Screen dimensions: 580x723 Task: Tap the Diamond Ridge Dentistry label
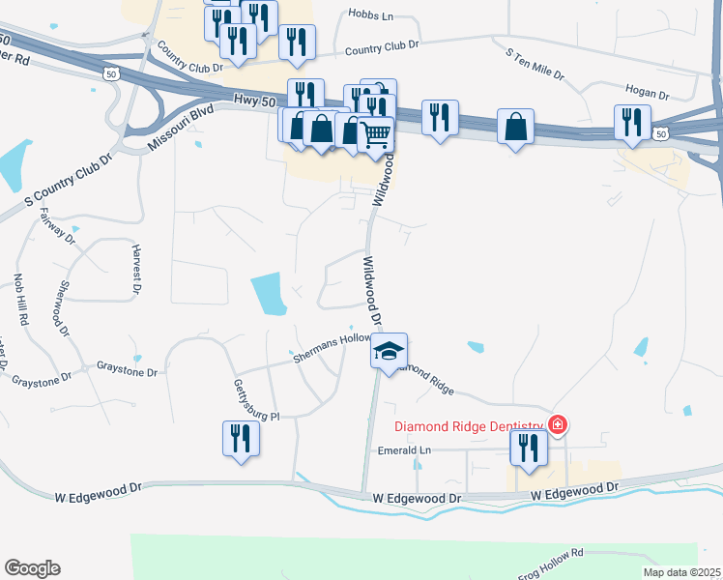[469, 426]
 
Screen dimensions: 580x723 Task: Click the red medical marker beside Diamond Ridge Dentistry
[557, 424]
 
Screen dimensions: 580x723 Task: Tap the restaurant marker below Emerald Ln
[529, 449]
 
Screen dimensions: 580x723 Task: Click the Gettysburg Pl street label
[255, 400]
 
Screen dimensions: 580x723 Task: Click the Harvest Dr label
[136, 270]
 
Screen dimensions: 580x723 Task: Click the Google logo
[32, 568]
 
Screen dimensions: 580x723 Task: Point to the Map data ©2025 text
[682, 572]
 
